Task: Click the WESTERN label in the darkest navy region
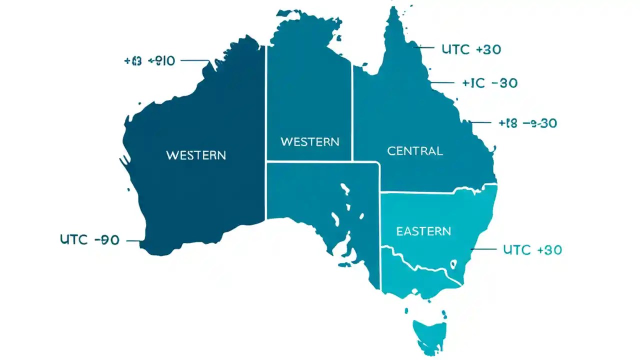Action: (x=195, y=155)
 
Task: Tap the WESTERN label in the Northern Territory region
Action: (x=309, y=141)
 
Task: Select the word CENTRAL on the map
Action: (x=414, y=150)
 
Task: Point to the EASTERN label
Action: (x=423, y=231)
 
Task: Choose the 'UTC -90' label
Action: (x=89, y=240)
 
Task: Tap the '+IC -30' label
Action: (x=489, y=83)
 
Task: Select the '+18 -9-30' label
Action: (x=528, y=123)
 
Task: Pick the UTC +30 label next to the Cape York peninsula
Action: (x=471, y=49)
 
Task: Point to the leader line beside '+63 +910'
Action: (x=195, y=61)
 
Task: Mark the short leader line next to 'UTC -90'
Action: (x=133, y=240)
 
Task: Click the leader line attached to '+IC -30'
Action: (x=442, y=83)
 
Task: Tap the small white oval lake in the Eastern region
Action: (x=453, y=263)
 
